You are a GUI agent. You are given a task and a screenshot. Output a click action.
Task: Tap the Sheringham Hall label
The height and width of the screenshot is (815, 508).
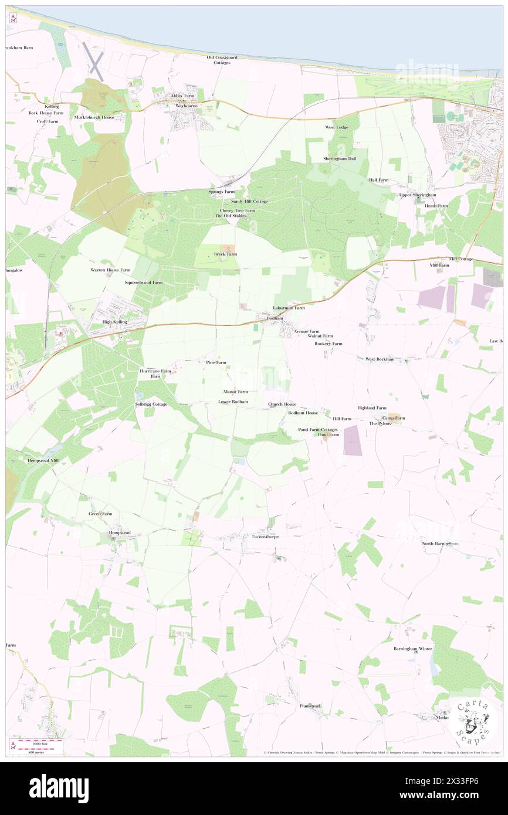339,159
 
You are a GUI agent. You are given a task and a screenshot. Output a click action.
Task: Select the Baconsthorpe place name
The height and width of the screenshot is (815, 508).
265,536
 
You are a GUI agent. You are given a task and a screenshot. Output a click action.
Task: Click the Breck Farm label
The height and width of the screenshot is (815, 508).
225,254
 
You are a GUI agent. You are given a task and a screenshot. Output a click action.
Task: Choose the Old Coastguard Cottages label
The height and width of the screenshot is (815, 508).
222,60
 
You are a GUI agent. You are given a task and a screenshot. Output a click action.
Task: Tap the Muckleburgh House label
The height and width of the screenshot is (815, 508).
94,117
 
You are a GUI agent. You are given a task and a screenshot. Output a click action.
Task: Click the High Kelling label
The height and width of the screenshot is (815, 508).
114,322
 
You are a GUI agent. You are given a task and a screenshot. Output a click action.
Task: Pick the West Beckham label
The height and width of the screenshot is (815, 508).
379,359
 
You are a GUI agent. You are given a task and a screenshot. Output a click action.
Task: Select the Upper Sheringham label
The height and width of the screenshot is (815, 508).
417,195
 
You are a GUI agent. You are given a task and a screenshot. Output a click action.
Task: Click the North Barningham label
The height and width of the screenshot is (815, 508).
440,544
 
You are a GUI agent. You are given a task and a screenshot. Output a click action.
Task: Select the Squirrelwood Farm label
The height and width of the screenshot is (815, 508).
143,283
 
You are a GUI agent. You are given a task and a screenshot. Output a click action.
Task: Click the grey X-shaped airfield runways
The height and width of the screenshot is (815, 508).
96,61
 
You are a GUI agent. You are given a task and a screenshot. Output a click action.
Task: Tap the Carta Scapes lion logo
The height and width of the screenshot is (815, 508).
473,721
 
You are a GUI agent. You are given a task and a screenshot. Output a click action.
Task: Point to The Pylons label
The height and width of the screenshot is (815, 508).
380,423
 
